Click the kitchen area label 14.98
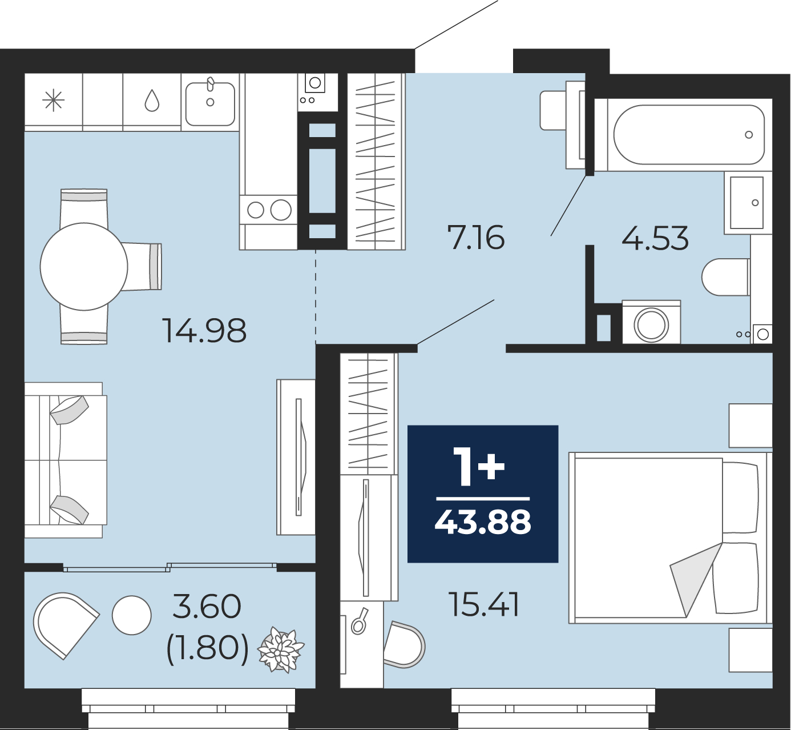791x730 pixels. point(204,331)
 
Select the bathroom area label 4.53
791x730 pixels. point(655,238)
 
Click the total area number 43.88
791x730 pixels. point(483,523)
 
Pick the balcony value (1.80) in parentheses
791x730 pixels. point(207,650)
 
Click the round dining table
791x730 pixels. point(84,266)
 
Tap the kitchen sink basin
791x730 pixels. point(210,103)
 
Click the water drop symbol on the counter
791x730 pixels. point(152,101)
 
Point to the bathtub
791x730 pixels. point(689,135)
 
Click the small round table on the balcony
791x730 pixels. point(131,615)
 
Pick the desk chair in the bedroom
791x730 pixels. point(404,645)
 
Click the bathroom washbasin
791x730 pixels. point(747,203)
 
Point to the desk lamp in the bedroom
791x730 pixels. point(359,623)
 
